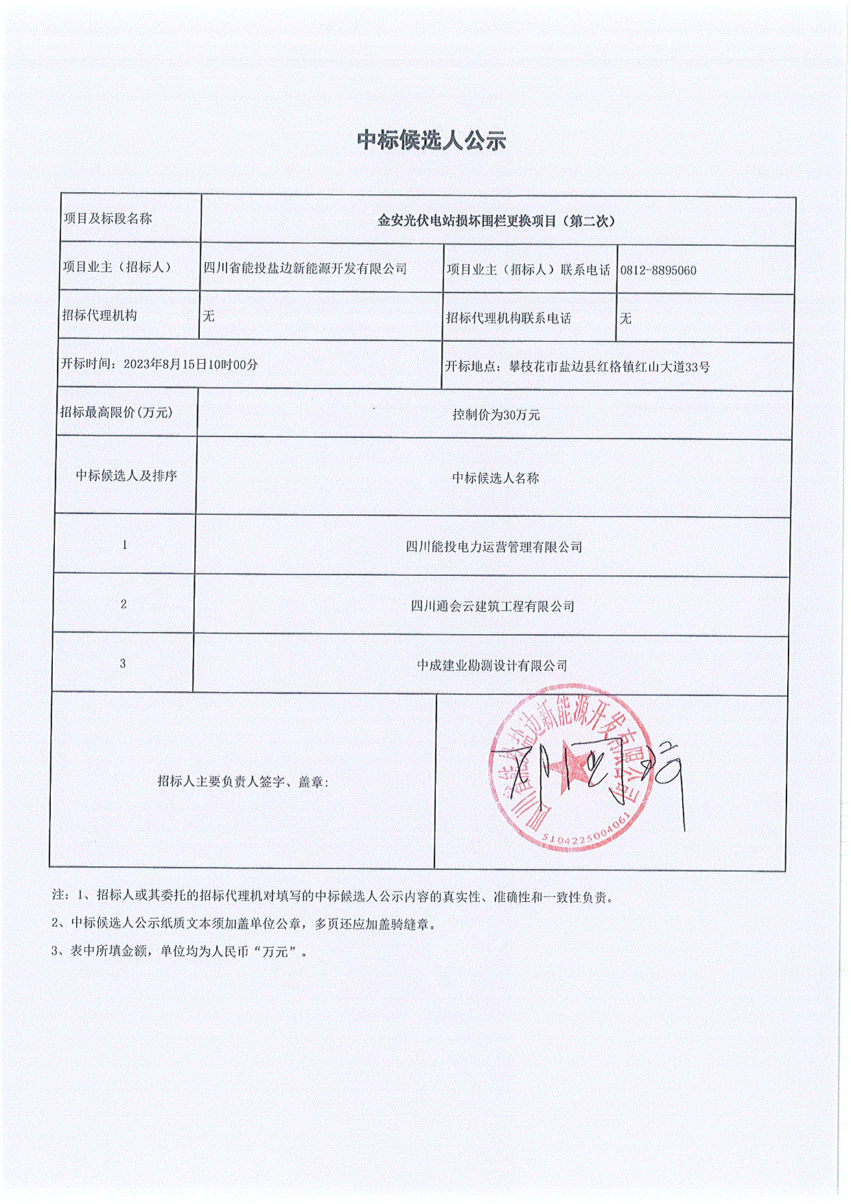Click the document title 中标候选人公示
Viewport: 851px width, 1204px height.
pyautogui.click(x=431, y=141)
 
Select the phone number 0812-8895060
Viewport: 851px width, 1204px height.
pyautogui.click(x=658, y=270)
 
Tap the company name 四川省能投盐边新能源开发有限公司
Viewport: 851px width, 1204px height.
pyautogui.click(x=305, y=268)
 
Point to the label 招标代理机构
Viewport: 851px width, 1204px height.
pyautogui.click(x=100, y=316)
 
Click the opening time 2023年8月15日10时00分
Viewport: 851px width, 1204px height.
pyautogui.click(x=190, y=364)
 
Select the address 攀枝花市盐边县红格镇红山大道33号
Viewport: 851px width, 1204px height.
pyautogui.click(x=609, y=367)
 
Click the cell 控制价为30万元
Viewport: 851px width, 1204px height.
pyautogui.click(x=496, y=415)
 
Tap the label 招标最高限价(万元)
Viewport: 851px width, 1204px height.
pyautogui.click(x=116, y=413)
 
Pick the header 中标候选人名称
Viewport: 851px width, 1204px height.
pyautogui.click(x=495, y=478)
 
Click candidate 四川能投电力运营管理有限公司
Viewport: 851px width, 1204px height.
pyautogui.click(x=493, y=547)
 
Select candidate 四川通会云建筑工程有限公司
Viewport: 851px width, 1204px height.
pyautogui.click(x=492, y=607)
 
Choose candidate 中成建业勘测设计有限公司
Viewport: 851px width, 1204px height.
pyautogui.click(x=492, y=666)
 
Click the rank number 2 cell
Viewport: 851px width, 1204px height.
pyautogui.click(x=124, y=605)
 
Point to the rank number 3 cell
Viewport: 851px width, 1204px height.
pyautogui.click(x=123, y=664)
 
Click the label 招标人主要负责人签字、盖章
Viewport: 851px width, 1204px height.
pyautogui.click(x=242, y=781)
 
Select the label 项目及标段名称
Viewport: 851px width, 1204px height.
pyautogui.click(x=108, y=219)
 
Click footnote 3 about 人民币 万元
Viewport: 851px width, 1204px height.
pyautogui.click(x=180, y=951)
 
